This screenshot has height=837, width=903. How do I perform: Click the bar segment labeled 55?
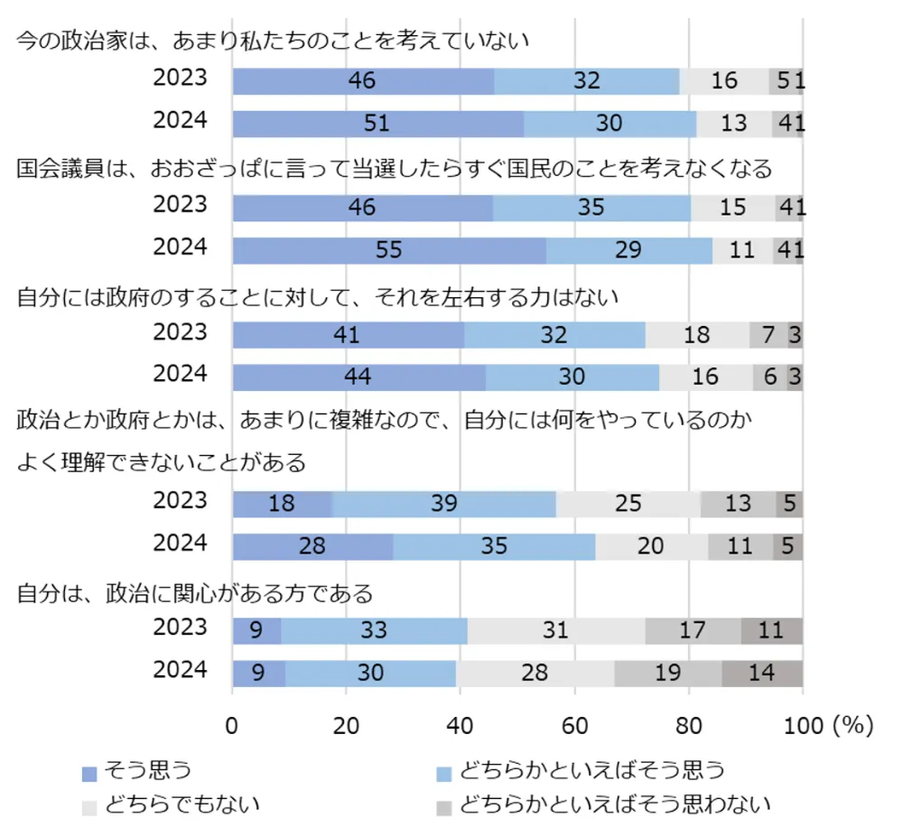click(x=389, y=250)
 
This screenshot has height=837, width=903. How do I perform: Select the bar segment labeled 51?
click(x=378, y=123)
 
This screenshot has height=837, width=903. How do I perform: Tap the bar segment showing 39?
click(x=443, y=504)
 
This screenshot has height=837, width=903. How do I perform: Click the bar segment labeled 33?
click(x=374, y=631)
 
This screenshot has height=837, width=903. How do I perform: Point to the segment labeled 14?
click(x=762, y=674)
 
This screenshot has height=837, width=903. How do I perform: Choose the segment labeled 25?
click(x=628, y=504)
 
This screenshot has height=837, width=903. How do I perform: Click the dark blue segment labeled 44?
click(x=359, y=377)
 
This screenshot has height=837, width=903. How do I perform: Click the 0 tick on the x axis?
click(x=233, y=726)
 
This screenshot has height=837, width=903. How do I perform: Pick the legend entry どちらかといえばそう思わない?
click(x=614, y=803)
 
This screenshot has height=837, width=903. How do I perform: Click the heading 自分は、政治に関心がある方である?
click(x=195, y=593)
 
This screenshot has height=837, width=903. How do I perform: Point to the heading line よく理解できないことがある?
click(x=162, y=462)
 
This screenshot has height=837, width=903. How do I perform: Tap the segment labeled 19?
click(x=668, y=674)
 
